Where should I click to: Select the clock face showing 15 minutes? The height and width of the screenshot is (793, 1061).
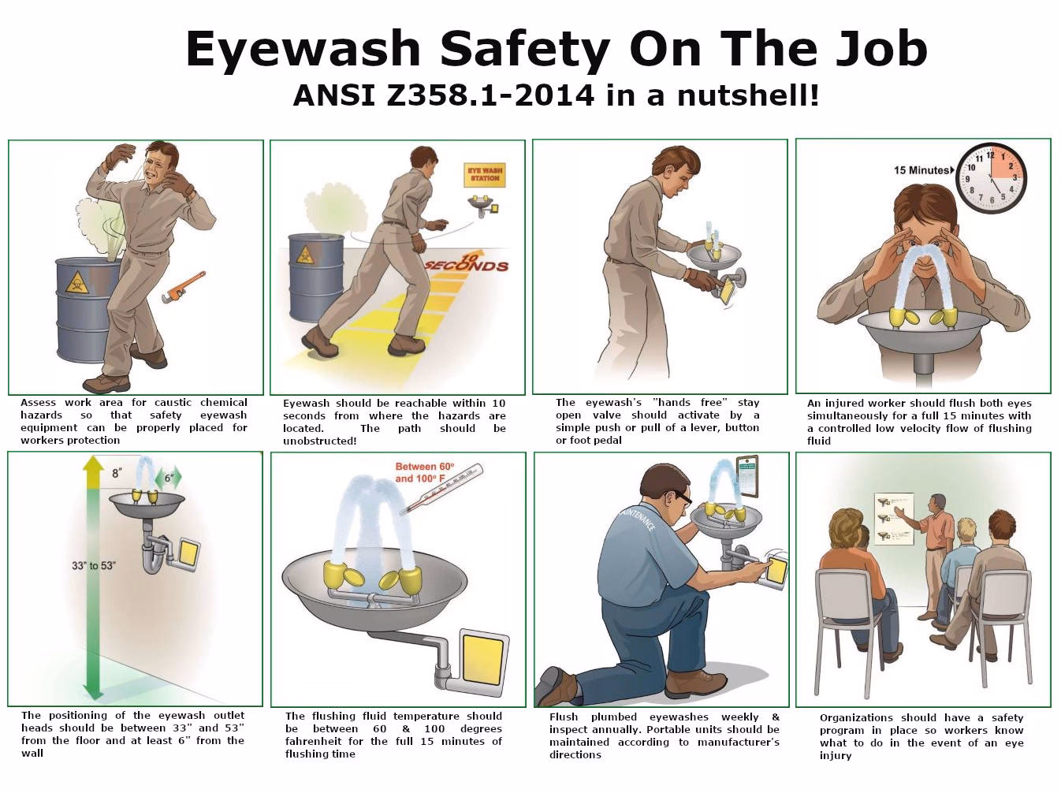click(x=990, y=178)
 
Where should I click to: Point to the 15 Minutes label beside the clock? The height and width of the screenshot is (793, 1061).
click(x=921, y=170)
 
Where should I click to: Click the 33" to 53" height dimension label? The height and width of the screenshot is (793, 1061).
click(x=94, y=565)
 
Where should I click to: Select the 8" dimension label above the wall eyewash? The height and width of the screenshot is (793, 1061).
click(x=117, y=473)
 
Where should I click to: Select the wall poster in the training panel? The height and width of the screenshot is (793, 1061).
click(x=893, y=520)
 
